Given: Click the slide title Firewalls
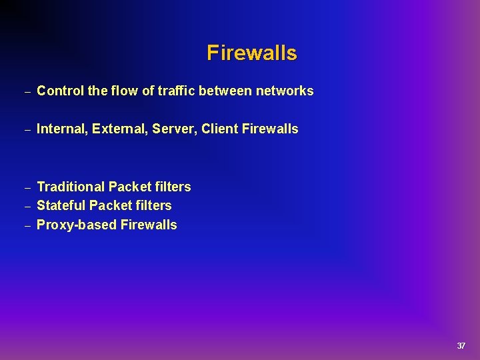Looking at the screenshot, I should pos(251,53).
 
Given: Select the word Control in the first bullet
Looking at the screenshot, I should pos(60,91).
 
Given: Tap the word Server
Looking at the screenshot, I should pos(174,129).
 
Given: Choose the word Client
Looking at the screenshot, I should pos(219,129).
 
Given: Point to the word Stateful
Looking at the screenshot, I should pos(61,205).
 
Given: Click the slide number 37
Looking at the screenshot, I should pos(461,345).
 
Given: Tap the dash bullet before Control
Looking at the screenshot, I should pos(27,91).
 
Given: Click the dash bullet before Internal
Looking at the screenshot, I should pos(27,129).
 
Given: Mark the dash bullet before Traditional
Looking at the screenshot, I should pos(27,187).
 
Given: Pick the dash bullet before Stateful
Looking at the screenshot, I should pos(27,206).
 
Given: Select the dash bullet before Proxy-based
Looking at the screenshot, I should pos(27,225).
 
